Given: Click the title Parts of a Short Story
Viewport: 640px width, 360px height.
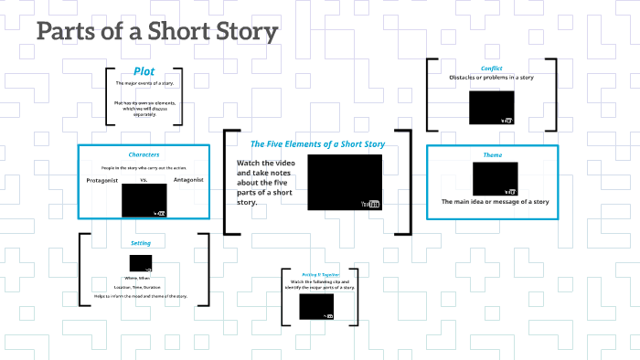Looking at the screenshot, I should click(x=157, y=32).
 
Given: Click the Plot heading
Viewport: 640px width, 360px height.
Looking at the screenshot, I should click(x=144, y=71).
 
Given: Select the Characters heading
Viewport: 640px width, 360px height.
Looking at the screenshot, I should click(x=144, y=154).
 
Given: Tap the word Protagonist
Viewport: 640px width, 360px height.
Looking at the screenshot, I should click(x=103, y=181).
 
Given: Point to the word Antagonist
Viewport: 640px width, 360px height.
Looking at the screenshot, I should click(x=187, y=180).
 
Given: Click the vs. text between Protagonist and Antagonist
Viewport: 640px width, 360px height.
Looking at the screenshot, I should click(x=144, y=181).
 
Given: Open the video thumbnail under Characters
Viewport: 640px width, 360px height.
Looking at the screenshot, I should click(x=144, y=199).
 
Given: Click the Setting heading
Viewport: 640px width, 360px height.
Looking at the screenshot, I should click(x=141, y=243).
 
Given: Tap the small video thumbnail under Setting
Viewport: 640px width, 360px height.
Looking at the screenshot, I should click(x=140, y=262).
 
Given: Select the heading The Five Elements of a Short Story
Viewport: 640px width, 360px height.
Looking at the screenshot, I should click(x=317, y=143).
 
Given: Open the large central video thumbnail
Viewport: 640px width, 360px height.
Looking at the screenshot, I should click(x=344, y=182).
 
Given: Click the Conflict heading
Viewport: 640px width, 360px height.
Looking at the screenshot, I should click(x=492, y=68).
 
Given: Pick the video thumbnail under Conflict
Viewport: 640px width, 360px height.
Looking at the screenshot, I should click(x=492, y=107).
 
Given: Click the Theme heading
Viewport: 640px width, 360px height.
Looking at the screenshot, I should click(x=493, y=154).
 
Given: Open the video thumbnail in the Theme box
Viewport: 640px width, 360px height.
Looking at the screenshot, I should click(x=495, y=178).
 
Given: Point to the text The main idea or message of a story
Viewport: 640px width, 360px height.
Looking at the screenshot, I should click(x=495, y=201).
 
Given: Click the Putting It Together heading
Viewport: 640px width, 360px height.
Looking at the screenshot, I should click(x=315, y=274).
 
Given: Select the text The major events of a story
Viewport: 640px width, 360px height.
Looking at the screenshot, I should click(x=144, y=83).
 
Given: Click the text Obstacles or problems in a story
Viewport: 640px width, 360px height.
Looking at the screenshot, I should click(x=491, y=78).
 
